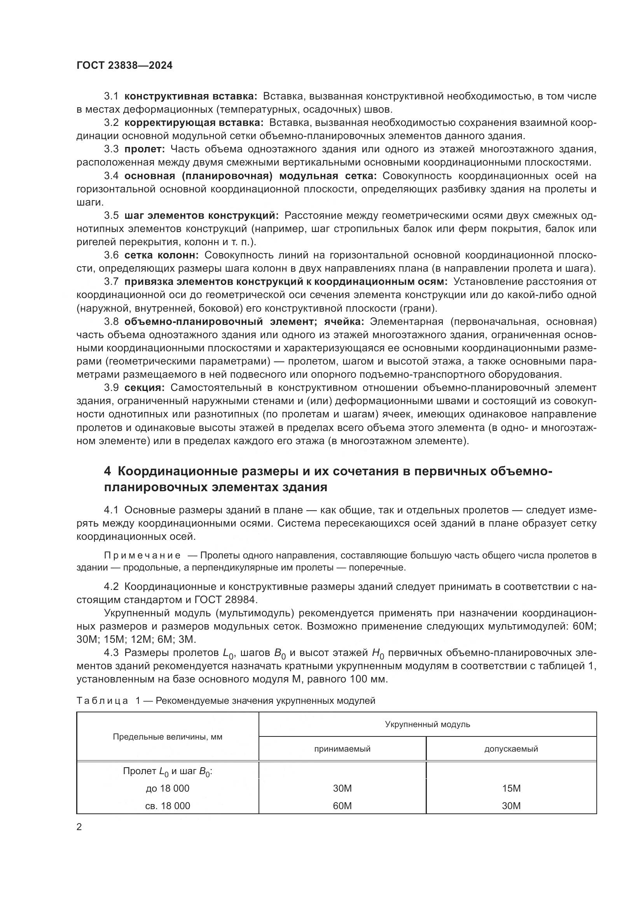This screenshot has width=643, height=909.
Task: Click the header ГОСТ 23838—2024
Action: pos(124,66)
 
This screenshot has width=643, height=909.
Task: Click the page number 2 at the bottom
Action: pos(79,827)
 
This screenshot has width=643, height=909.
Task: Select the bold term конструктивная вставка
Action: pos(190,96)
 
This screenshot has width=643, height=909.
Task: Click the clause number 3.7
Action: pos(111,281)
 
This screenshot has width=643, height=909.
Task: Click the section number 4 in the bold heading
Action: pos(108,471)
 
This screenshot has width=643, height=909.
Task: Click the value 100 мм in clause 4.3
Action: pos(367,679)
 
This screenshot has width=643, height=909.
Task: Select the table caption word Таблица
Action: pos(102,701)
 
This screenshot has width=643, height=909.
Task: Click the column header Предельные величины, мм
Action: pos(168,737)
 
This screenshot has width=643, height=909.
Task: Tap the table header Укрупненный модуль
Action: pos(427,724)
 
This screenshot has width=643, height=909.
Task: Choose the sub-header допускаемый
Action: pos(511,748)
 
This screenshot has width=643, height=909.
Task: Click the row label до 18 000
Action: pos(168,788)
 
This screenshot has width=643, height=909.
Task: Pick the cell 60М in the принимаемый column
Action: pos(342,806)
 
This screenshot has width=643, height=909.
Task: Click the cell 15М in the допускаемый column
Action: pos(511,788)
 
